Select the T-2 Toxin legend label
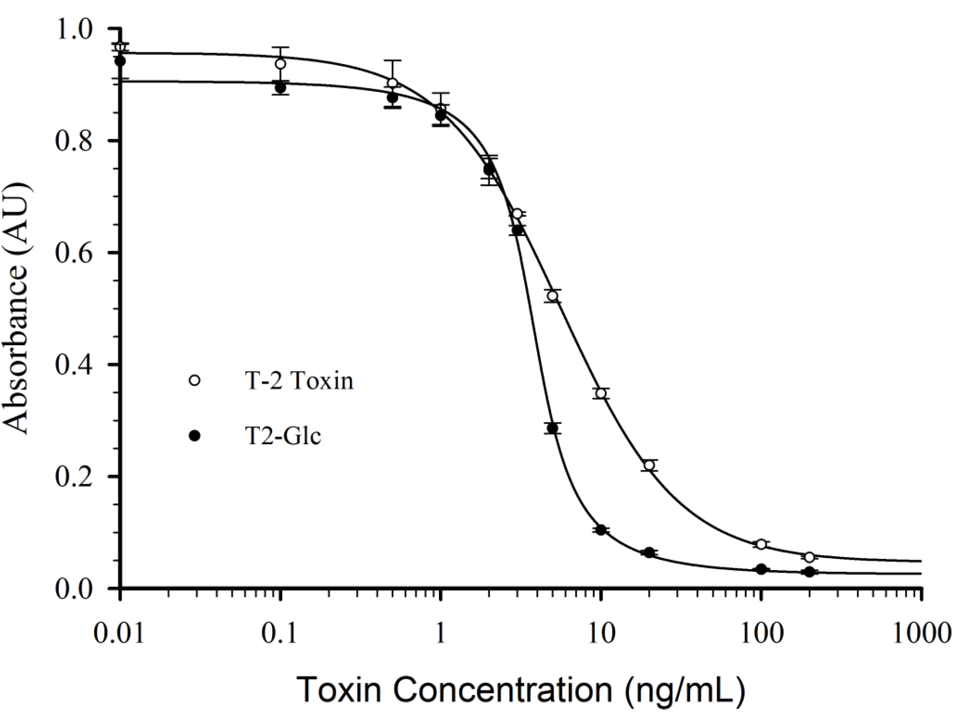[299, 381]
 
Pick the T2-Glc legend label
[283, 436]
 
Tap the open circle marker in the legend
[195, 381]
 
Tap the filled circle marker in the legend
[195, 436]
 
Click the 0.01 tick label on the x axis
[119, 633]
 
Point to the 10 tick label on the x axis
[601, 633]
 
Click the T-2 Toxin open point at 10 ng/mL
[601, 393]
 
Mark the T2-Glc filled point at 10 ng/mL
[601, 530]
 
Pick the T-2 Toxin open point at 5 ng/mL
[553, 296]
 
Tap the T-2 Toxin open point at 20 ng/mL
[649, 465]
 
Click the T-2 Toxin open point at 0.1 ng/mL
[280, 64]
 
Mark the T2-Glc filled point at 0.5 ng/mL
[392, 98]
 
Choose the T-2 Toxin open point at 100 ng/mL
[761, 544]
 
